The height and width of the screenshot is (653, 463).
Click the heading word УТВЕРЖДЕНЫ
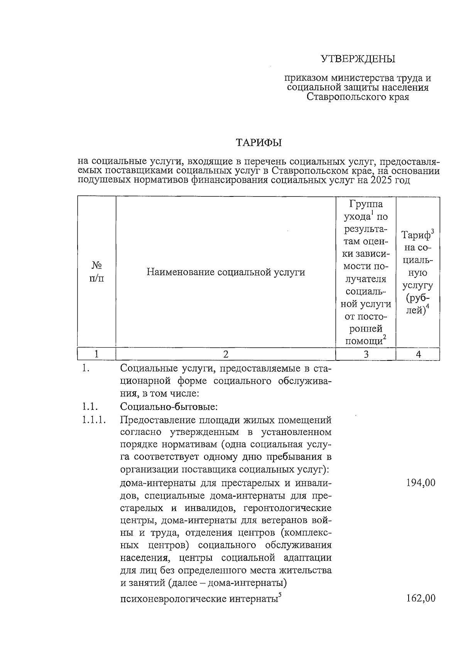coord(358,59)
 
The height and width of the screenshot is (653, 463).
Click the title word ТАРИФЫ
coord(259,142)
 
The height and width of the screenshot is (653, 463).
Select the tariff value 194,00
coord(421,482)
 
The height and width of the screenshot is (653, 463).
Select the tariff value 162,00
coord(421,598)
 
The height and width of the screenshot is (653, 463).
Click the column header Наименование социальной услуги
coord(226,272)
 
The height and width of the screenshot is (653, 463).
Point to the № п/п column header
coord(96,272)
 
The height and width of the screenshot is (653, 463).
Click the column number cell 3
coord(366,354)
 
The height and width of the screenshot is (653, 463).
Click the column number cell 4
coord(418,354)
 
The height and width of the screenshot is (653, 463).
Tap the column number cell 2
coord(226,354)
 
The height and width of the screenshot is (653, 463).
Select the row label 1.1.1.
coord(94,420)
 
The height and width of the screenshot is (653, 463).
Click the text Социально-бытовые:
coord(169,407)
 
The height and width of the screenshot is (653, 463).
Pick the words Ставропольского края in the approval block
coord(358,97)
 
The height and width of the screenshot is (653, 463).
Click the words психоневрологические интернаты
coord(199,599)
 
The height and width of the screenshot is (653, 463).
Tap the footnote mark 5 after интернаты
coord(280,595)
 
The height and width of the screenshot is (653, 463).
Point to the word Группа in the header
coord(366,204)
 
